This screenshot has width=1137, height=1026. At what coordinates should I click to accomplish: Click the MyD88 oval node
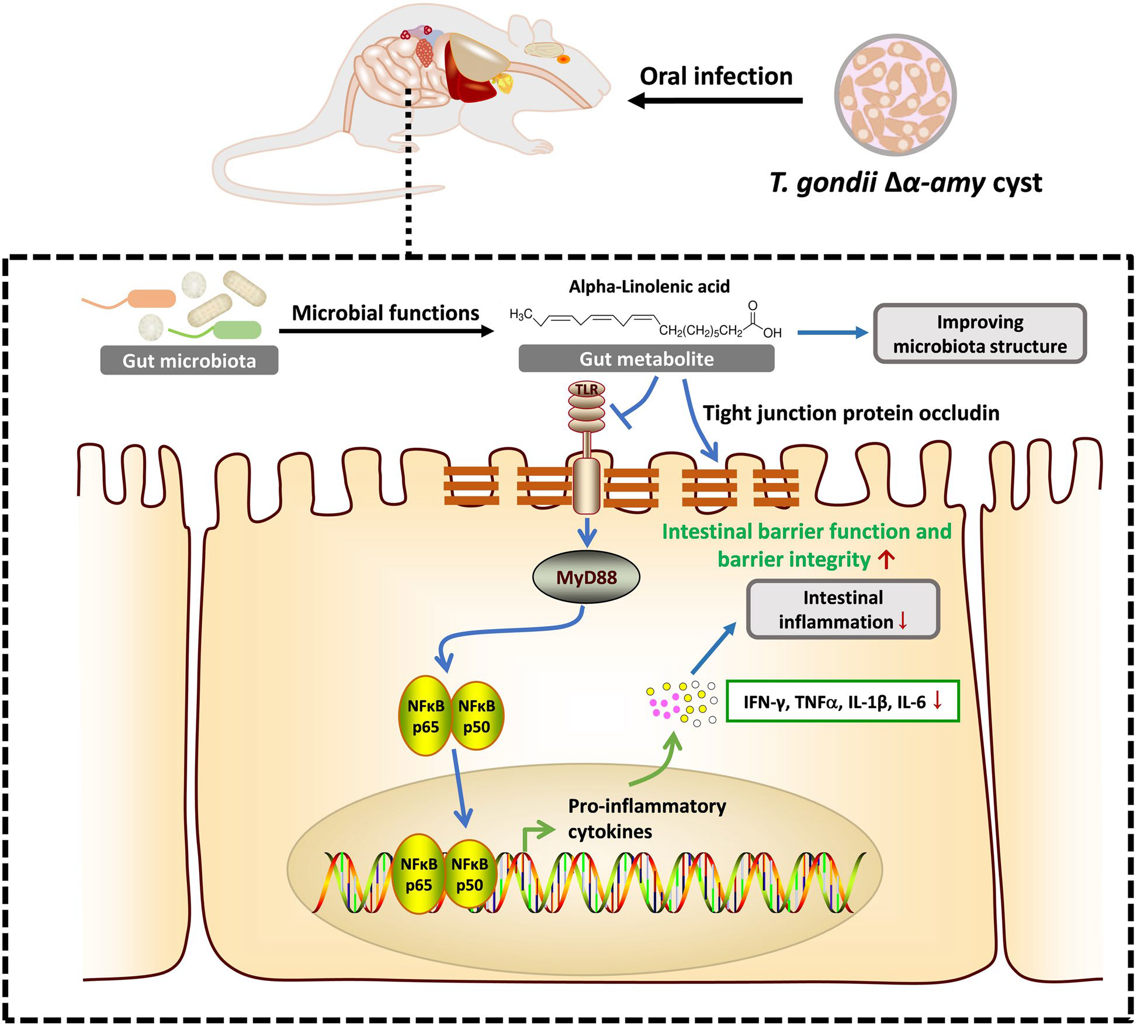(x=586, y=578)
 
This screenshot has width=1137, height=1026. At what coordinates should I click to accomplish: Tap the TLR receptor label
(x=587, y=389)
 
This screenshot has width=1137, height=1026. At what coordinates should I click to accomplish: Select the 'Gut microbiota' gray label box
(x=189, y=361)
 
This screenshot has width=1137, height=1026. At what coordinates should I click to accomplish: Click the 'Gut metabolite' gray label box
(x=646, y=358)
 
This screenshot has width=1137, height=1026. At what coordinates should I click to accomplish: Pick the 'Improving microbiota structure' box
(x=979, y=334)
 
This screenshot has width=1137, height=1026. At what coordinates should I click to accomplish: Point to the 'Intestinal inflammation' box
(x=843, y=609)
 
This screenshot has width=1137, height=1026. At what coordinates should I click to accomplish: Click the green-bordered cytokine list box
(x=842, y=701)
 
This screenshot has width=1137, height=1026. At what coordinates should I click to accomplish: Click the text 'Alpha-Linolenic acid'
(x=649, y=286)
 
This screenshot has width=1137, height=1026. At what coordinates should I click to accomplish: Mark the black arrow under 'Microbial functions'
(x=386, y=331)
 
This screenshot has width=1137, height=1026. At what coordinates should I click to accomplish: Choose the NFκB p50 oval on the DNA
(x=470, y=873)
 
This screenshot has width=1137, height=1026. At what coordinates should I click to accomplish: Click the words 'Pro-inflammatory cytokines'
(x=646, y=818)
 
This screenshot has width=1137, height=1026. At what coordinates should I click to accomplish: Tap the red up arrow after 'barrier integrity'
(x=886, y=560)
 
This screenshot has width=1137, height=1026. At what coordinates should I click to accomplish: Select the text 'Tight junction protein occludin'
(x=851, y=413)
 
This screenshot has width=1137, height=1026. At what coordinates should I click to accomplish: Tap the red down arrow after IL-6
(x=938, y=701)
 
